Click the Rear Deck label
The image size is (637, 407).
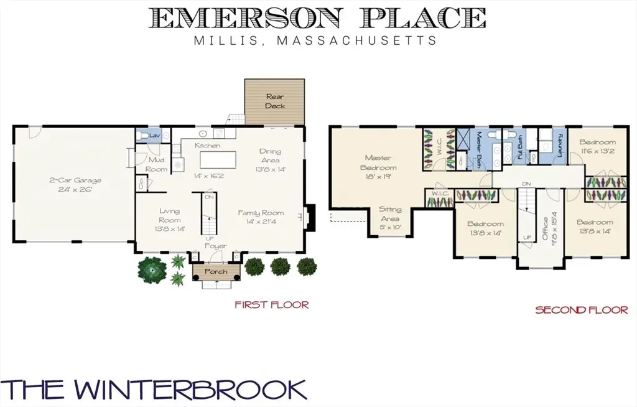click(x=275, y=101)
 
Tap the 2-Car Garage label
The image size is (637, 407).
click(x=75, y=180)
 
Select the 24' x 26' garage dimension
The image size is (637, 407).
click(x=75, y=189)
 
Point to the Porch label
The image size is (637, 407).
click(x=216, y=271)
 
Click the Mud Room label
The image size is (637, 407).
click(x=156, y=164)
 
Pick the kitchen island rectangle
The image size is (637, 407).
click(x=218, y=159)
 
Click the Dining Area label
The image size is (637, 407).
click(x=270, y=156)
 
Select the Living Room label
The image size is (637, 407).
click(x=170, y=215)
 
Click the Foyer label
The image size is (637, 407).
click(x=216, y=246)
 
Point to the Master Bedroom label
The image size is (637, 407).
click(x=378, y=162)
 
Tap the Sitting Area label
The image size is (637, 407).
click(x=390, y=214)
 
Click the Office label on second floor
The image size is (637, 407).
click(x=545, y=229)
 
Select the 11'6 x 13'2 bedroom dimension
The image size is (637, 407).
click(x=598, y=151)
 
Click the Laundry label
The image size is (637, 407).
click(x=559, y=146)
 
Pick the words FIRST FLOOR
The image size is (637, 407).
click(x=271, y=304)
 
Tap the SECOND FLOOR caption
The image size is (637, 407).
click(x=582, y=311)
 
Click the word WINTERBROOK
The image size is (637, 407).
click(x=190, y=390)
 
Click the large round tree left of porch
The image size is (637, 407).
click(x=152, y=269)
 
